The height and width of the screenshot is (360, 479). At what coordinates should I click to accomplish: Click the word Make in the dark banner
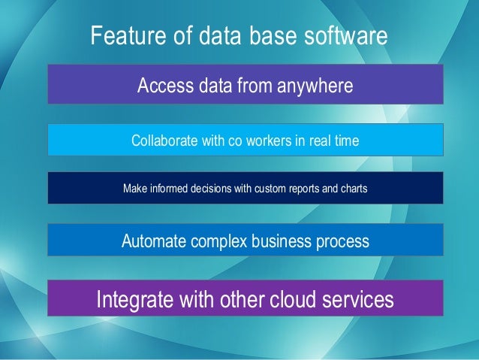134,188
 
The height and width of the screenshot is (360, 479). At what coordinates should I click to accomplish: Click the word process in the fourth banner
342,241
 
